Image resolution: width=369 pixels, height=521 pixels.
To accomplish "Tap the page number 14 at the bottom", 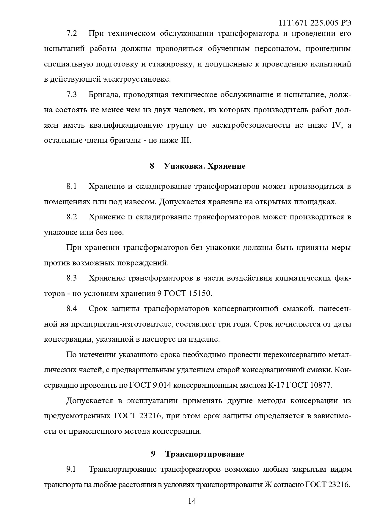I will (x=192, y=501).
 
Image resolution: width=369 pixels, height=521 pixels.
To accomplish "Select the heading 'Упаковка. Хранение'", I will (x=205, y=166).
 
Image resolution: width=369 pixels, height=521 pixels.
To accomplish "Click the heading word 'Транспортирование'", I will (x=205, y=454).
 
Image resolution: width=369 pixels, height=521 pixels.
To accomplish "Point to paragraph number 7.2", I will (x=72, y=33).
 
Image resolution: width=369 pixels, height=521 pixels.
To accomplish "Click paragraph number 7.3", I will (x=72, y=95).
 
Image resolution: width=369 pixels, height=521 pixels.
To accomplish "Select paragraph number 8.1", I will (x=72, y=186).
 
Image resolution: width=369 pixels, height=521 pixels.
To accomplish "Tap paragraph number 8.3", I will (x=72, y=278).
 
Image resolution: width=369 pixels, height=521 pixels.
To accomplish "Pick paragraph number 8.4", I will (x=72, y=309).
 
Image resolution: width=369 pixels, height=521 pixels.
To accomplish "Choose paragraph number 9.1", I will (x=71, y=469).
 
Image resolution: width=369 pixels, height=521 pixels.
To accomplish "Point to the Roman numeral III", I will (x=185, y=140).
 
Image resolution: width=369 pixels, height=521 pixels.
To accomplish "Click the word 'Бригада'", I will (x=103, y=95).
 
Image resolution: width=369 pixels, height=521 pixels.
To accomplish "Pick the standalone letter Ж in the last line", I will (x=268, y=485).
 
